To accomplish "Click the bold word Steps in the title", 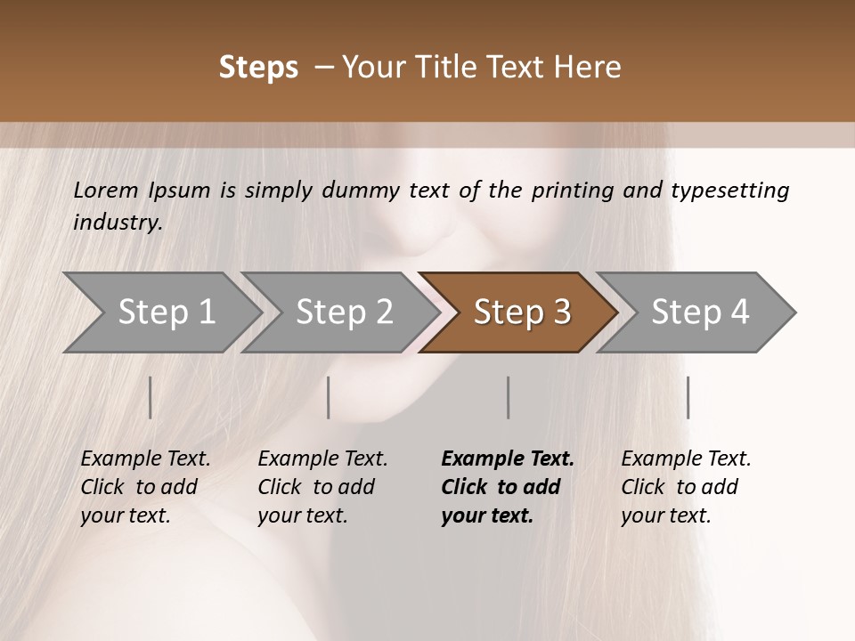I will [258, 68].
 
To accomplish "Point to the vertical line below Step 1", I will [151, 397].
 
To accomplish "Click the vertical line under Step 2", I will [329, 397].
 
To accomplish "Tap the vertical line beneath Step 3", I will [509, 397].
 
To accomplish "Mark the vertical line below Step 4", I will [688, 397].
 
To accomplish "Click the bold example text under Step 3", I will [508, 487].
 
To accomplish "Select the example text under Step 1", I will [145, 487].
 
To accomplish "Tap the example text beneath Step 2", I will [322, 487].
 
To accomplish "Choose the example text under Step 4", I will [686, 487].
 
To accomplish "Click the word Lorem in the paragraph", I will [106, 191].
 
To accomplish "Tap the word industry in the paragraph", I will [117, 223].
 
